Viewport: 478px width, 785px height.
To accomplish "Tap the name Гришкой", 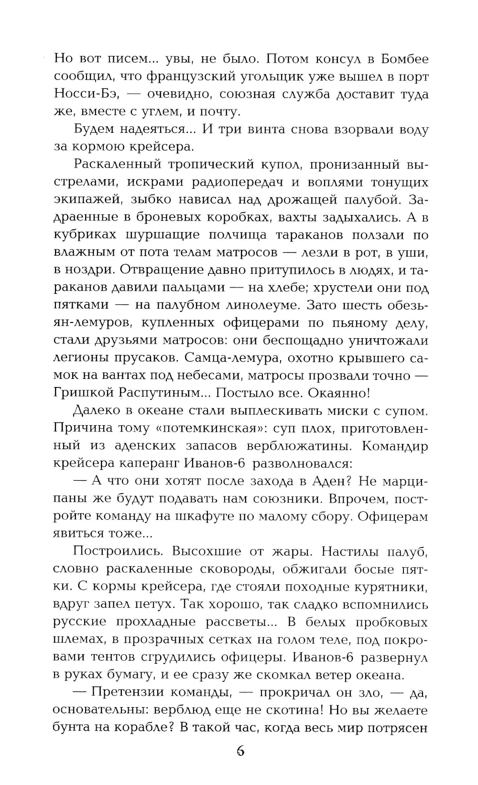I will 81,394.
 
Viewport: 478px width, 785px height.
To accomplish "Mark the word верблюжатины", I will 299,446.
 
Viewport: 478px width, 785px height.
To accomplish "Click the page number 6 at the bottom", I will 240,752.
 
